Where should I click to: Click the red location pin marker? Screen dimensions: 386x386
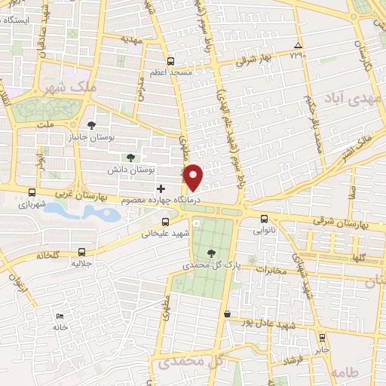pyautogui.click(x=194, y=176)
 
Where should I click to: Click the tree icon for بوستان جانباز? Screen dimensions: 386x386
pyautogui.click(x=92, y=125)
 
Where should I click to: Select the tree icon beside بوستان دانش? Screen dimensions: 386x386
pyautogui.click(x=130, y=158)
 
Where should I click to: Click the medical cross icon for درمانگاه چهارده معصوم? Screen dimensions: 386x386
pyautogui.click(x=160, y=188)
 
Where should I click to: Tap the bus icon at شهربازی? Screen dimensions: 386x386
pyautogui.click(x=31, y=192)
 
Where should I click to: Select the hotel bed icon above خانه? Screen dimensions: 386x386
pyautogui.click(x=60, y=315)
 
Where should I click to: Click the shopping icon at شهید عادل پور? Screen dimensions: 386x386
pyautogui.click(x=227, y=313)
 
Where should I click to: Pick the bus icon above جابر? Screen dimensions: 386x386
pyautogui.click(x=322, y=337)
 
